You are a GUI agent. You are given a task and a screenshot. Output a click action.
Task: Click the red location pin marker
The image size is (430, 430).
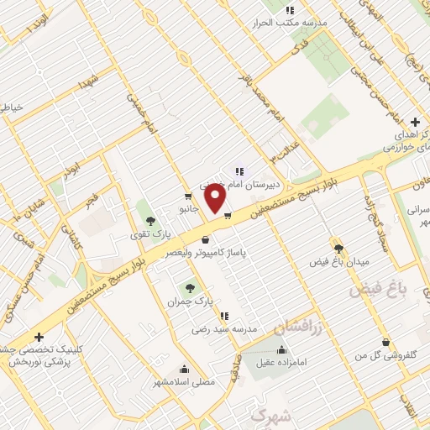[x=217, y=198]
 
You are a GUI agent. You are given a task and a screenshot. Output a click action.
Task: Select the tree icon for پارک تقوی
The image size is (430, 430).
[x=150, y=222]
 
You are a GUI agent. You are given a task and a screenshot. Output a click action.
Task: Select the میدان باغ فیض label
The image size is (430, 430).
[x=339, y=261]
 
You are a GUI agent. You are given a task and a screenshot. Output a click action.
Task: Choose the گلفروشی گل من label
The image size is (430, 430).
[x=385, y=355]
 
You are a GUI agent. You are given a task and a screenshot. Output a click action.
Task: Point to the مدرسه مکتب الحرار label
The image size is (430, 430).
[x=289, y=22]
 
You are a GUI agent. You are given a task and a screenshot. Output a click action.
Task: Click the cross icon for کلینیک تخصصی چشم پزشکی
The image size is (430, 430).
[x=39, y=337]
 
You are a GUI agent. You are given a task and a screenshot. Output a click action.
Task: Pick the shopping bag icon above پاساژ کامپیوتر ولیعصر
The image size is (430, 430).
[x=205, y=239]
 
